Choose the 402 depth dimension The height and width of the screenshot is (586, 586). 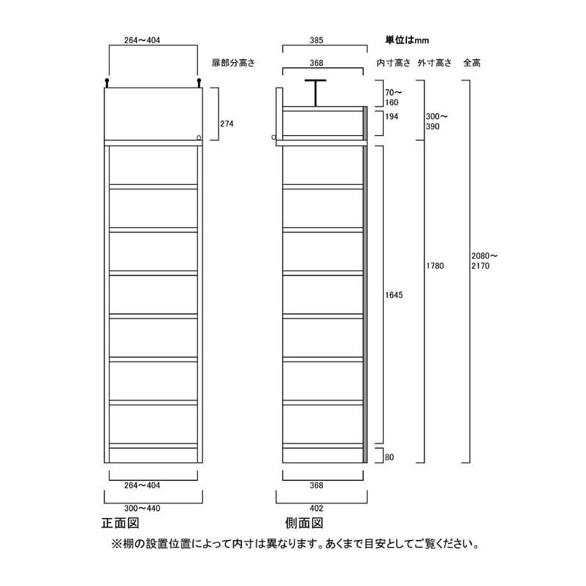(x=316, y=506)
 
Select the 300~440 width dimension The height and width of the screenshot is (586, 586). (x=153, y=506)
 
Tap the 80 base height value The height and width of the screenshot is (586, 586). (x=389, y=457)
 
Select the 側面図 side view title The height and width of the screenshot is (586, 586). (x=303, y=523)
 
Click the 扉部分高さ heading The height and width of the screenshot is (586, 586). (x=233, y=64)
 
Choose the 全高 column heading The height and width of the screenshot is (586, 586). (x=471, y=64)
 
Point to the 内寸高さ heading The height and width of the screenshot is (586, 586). (x=393, y=64)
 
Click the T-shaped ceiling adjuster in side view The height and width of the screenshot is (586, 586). (x=316, y=91)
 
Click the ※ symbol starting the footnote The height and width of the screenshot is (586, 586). (x=115, y=544)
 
